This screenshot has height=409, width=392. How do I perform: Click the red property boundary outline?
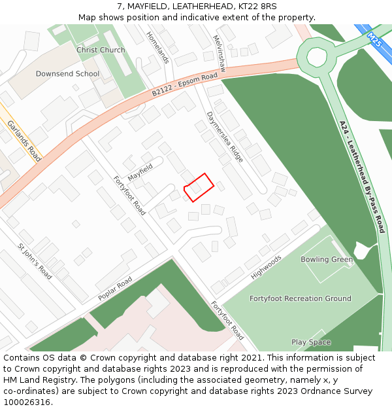pos(199,187)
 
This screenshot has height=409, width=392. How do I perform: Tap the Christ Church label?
pos(101,50)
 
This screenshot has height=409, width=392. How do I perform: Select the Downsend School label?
pos(67,74)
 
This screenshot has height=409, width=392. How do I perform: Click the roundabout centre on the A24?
pos(317,57)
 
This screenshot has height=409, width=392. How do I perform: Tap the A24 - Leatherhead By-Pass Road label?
pos(362,177)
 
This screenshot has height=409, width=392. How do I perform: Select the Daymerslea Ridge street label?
pos(225,137)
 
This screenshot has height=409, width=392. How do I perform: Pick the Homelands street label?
pos(158,48)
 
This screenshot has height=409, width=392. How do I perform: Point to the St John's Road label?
pos(35,262)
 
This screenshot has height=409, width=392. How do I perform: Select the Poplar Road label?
pos(115,289)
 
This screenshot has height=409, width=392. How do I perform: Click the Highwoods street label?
pos(266,267)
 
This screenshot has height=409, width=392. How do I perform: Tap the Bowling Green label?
pos(327,260)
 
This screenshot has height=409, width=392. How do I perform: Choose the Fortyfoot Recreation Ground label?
pos(301,298)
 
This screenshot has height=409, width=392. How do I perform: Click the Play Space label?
pos(311,342)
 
